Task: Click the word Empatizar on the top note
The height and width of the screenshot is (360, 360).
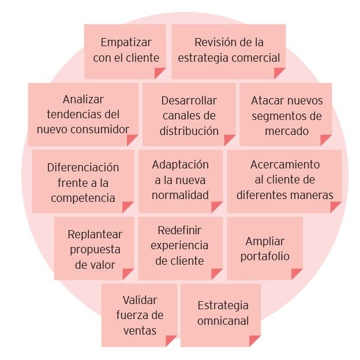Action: pos(126,42)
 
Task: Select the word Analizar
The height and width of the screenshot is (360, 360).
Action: pos(83,99)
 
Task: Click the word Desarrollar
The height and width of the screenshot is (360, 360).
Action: pos(189,100)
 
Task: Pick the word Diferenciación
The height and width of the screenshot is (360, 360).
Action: pos(83,167)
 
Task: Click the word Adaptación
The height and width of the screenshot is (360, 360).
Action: pos(180,164)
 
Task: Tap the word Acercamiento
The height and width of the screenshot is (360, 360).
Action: pos(284,164)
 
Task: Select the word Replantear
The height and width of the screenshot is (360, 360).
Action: pos(95,234)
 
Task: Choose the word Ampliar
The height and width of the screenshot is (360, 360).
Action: pos(265,241)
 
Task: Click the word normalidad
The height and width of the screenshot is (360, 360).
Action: pos(180,194)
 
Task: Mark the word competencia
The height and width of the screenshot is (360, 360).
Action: pos(83,198)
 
